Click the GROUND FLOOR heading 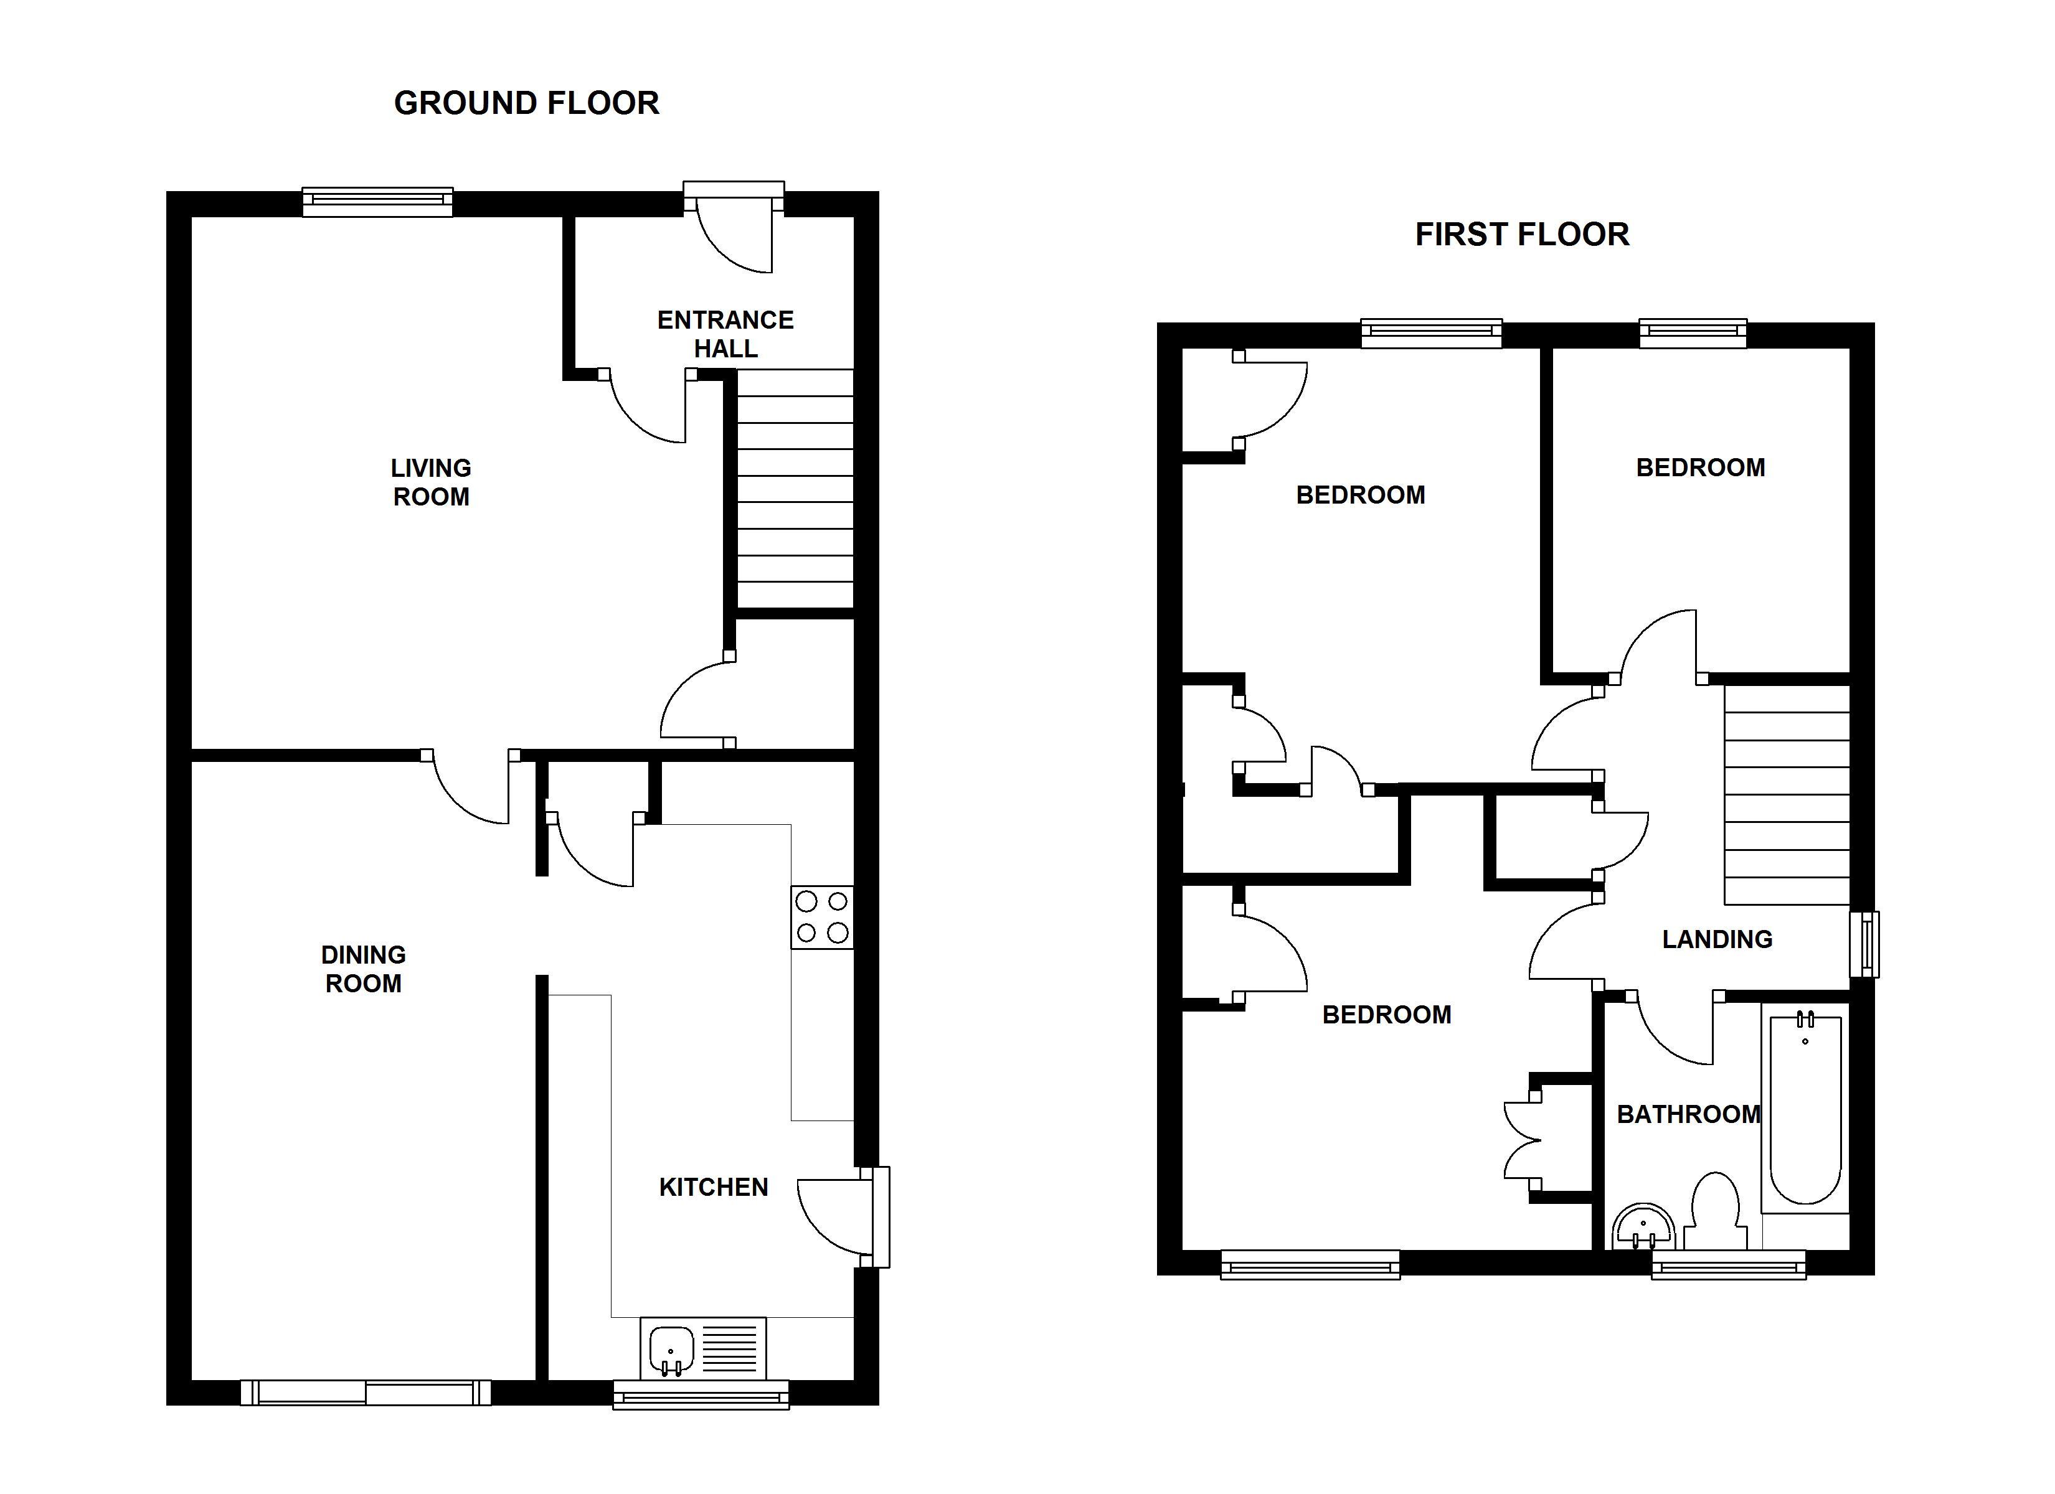[x=526, y=103]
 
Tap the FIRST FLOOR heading [x=1522, y=235]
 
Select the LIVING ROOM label [x=432, y=482]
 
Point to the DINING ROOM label [x=363, y=969]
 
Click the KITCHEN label [x=714, y=1187]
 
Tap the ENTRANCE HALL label [x=725, y=334]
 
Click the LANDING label [x=1717, y=939]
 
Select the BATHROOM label [x=1689, y=1114]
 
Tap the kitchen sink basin [x=671, y=1351]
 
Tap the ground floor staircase [x=795, y=489]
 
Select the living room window [x=377, y=202]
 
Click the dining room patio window [x=365, y=1392]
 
